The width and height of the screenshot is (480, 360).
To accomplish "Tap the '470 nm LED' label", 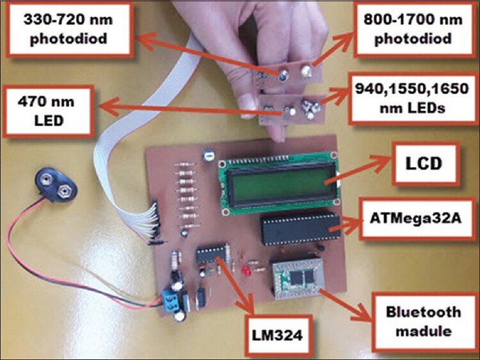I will click(x=47, y=110).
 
